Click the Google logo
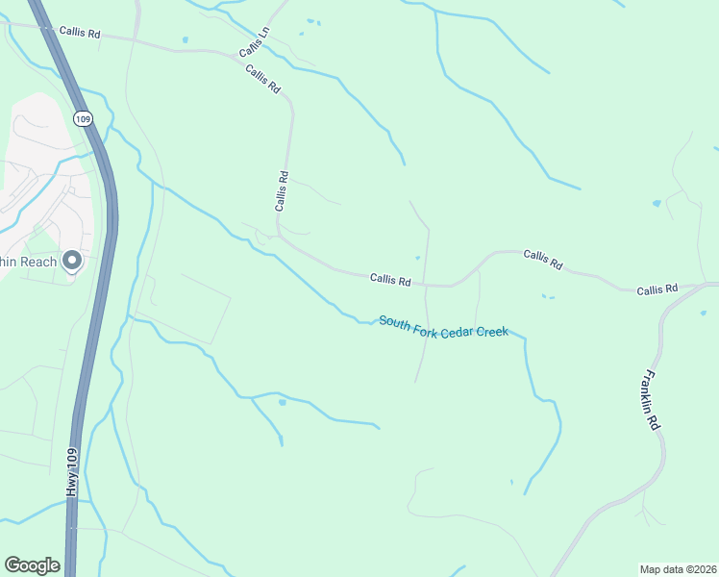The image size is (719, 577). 32,565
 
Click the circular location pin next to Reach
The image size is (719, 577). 71,261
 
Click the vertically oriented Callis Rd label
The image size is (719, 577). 282,190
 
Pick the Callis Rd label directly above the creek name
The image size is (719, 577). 390,280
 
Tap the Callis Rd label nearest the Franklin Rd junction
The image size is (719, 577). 657,288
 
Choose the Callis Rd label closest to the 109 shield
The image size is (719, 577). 80,32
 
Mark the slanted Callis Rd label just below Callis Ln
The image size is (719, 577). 262,79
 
